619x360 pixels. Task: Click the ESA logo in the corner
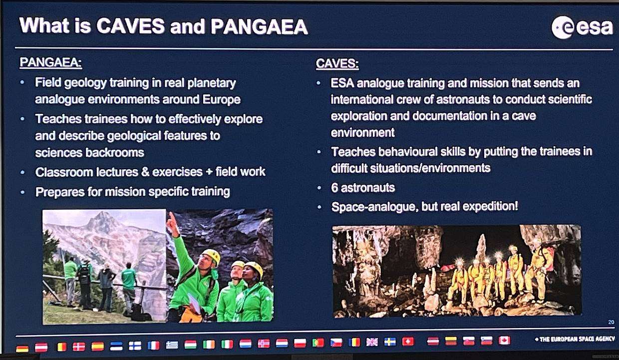point(582,27)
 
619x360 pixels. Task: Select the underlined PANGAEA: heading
point(50,62)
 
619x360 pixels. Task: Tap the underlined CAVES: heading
point(337,63)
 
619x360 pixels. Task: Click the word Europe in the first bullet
point(221,99)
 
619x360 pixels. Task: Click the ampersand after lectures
point(145,172)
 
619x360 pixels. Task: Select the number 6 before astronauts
point(334,188)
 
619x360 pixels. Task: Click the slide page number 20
point(611,322)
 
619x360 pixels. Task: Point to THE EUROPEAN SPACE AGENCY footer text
point(576,339)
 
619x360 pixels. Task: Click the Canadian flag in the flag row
point(504,341)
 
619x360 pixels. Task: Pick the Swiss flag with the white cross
point(408,342)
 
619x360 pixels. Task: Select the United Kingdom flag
point(372,342)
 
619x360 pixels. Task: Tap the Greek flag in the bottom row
point(172,345)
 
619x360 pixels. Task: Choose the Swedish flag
point(390,342)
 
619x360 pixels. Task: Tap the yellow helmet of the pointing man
point(212,256)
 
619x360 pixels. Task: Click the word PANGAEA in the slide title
point(259,26)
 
